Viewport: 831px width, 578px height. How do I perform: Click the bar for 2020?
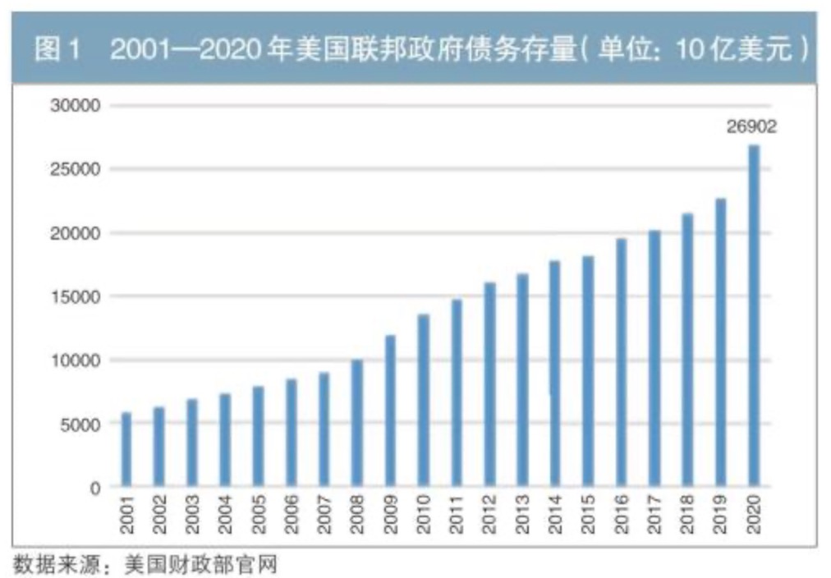(754, 316)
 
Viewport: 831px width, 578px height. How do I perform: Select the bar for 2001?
(126, 449)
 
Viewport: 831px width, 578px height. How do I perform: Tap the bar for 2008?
(357, 424)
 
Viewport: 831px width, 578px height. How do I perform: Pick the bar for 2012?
(489, 385)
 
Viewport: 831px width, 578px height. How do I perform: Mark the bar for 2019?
(720, 342)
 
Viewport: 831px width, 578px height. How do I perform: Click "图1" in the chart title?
(57, 51)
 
